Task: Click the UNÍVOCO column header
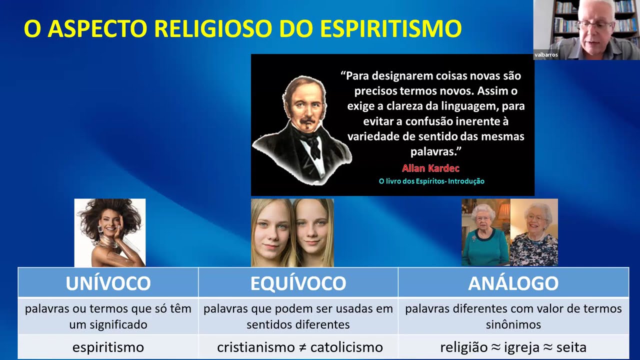pos(108,283)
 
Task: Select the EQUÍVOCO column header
pos(298,283)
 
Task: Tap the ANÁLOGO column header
pos(513,283)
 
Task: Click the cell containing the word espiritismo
pos(108,347)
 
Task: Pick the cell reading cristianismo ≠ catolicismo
pos(299,347)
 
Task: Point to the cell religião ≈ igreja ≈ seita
pos(513,347)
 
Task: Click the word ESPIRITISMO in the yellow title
pos(390,29)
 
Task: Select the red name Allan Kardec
pos(430,168)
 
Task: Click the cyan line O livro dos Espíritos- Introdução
pos(431,181)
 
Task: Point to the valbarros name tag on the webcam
pos(546,55)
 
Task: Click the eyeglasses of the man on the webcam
pos(595,24)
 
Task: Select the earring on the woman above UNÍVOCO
pos(100,228)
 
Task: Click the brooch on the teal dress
pos(473,238)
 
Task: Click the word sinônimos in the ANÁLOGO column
pos(513,324)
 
